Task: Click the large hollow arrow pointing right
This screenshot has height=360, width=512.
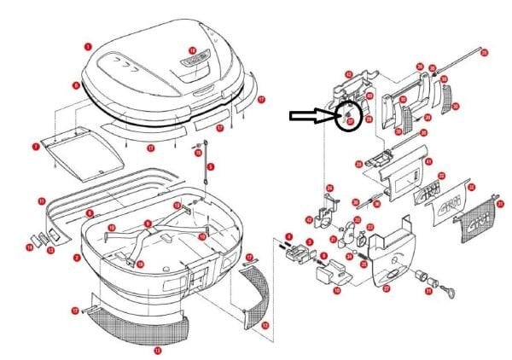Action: pyautogui.click(x=311, y=116)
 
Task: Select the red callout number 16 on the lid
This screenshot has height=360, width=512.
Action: pyautogui.click(x=192, y=50)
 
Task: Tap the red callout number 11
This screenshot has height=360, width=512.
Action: pyautogui.click(x=41, y=200)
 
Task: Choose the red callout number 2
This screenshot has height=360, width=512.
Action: pyautogui.click(x=76, y=257)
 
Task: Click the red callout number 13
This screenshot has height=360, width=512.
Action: pyautogui.click(x=156, y=350)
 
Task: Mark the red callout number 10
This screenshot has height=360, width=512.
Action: pyautogui.click(x=336, y=291)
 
